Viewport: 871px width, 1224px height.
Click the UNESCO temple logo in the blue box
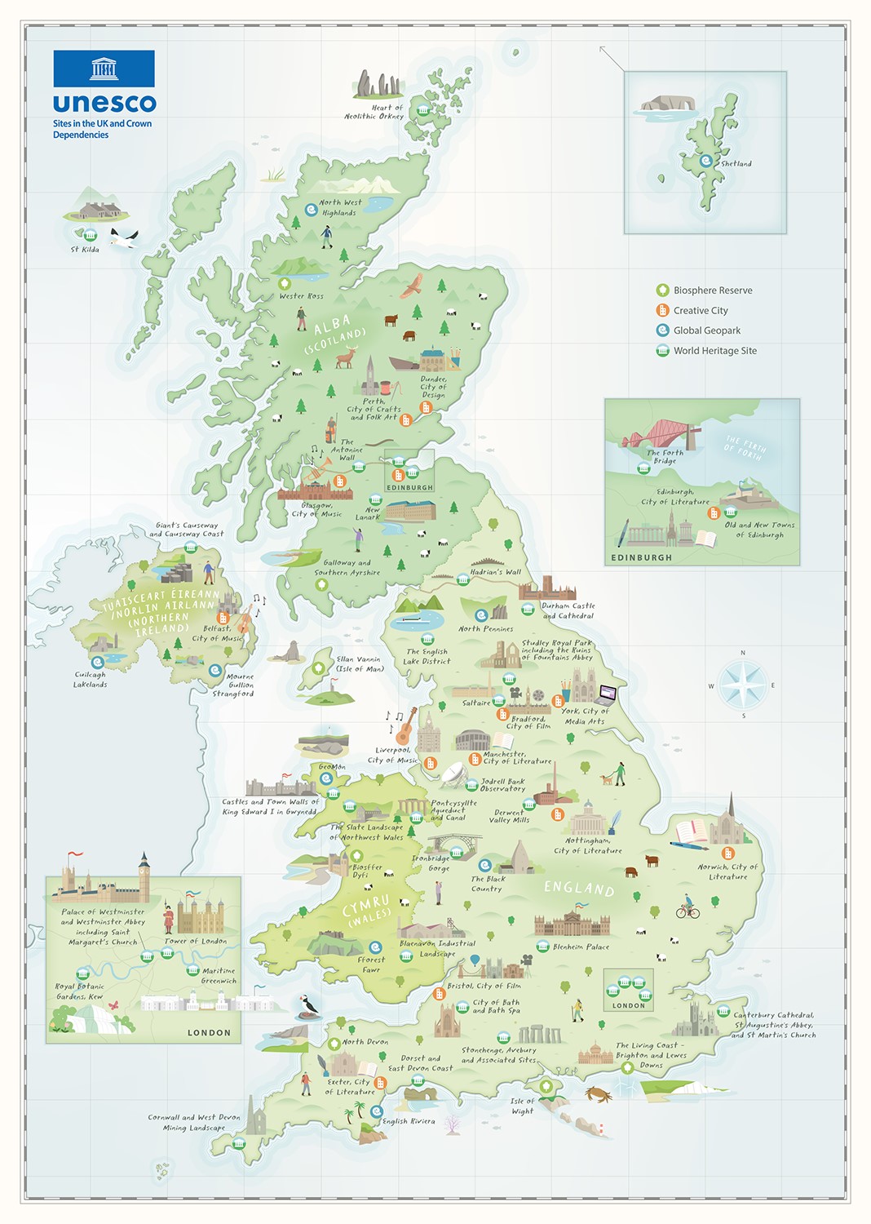tap(104, 69)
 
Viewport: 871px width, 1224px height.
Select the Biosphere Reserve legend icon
tap(663, 290)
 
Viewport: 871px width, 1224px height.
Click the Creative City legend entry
tap(700, 311)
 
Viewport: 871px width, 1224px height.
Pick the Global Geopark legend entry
tap(706, 330)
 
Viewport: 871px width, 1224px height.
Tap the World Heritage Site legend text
tap(714, 351)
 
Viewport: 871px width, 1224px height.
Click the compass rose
tap(742, 685)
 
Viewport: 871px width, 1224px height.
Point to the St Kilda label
tap(85, 250)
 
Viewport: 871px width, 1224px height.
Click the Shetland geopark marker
tap(706, 162)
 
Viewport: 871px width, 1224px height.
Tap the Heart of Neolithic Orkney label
tap(374, 112)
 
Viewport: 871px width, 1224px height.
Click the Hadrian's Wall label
tap(495, 572)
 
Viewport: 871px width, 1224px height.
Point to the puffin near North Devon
tap(308, 1005)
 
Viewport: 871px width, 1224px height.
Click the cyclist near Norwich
tap(688, 907)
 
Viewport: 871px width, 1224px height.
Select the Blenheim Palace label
tap(581, 947)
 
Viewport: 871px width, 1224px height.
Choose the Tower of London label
tap(196, 941)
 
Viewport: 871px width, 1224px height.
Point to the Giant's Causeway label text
tap(187, 530)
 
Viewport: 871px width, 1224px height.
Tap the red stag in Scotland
tap(347, 357)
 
